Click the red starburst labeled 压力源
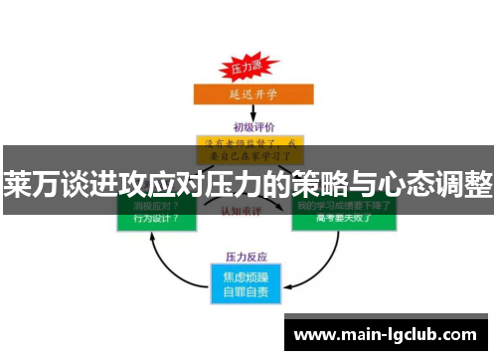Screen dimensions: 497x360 click(x=247, y=70)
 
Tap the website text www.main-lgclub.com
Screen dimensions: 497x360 click(x=386, y=334)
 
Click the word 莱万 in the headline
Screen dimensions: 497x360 click(x=31, y=185)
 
